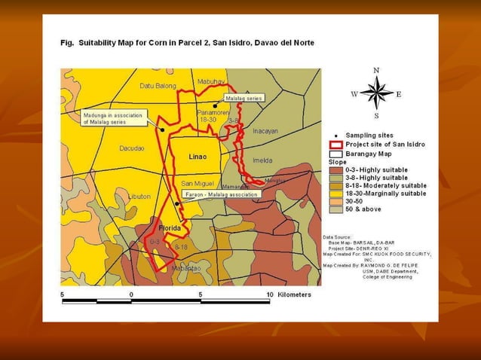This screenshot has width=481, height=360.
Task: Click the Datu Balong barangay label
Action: pyautogui.click(x=158, y=86)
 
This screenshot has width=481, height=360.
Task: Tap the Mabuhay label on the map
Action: pyautogui.click(x=211, y=81)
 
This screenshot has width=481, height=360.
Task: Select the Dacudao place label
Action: pyautogui.click(x=132, y=148)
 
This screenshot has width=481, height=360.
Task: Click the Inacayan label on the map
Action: pyautogui.click(x=265, y=130)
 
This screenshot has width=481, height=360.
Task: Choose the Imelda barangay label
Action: pyautogui.click(x=263, y=160)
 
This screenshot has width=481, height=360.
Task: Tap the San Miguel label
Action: pyautogui.click(x=198, y=183)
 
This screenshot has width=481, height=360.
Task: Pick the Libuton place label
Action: pyautogui.click(x=139, y=197)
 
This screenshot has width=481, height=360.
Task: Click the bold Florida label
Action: pyautogui.click(x=170, y=227)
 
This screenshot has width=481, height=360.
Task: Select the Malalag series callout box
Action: pyautogui.click(x=244, y=99)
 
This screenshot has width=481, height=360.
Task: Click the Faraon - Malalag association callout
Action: pyautogui.click(x=222, y=194)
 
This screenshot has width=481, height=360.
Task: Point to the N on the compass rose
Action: pyautogui.click(x=376, y=70)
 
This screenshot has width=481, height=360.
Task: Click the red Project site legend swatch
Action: pyautogui.click(x=336, y=144)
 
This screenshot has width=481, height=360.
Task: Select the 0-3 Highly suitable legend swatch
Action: pyautogui.click(x=336, y=171)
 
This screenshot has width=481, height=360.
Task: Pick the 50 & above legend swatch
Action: pyautogui.click(x=336, y=209)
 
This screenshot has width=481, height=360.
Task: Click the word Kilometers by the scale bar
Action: pyautogui.click(x=294, y=294)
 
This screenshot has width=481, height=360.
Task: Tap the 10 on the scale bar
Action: pyautogui.click(x=269, y=294)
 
